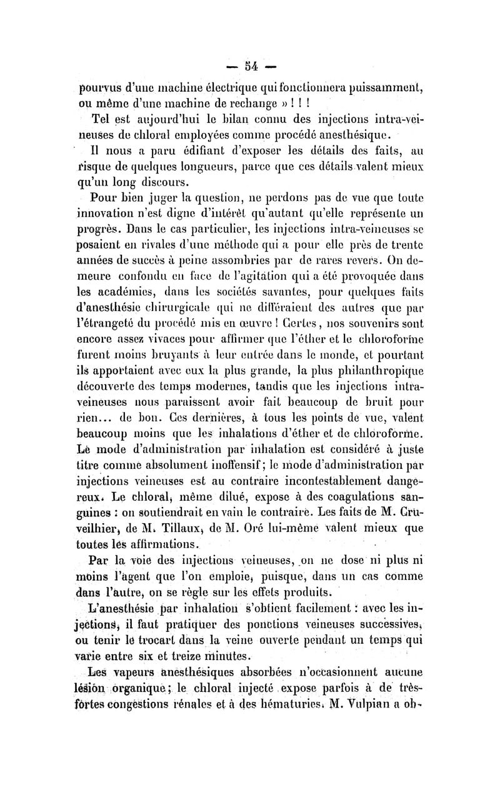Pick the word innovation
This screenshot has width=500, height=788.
tap(106, 214)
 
